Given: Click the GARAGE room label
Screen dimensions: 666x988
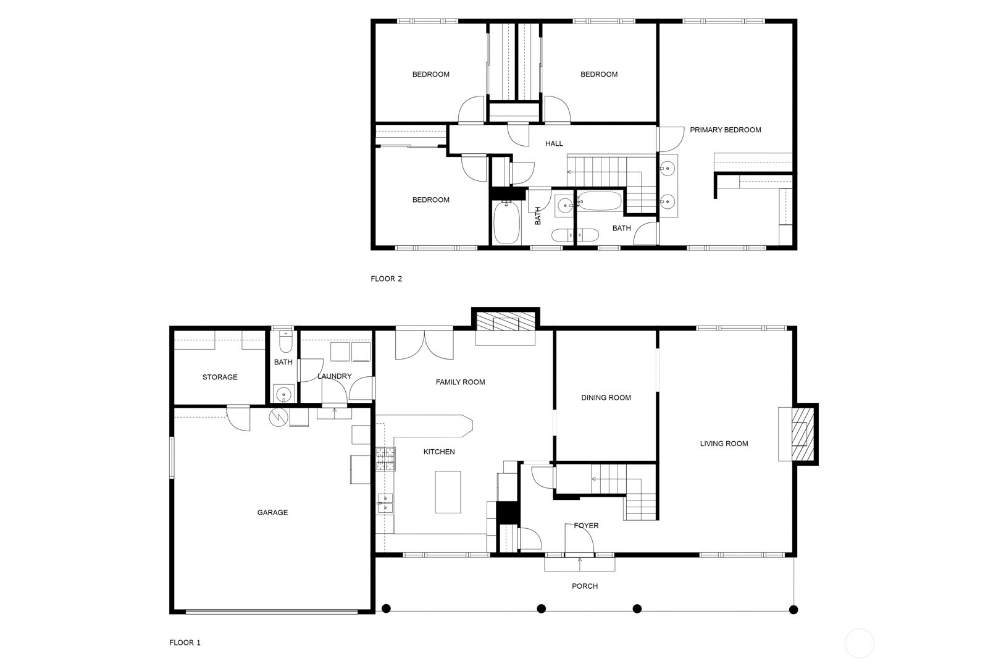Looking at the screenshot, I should pyautogui.click(x=272, y=512).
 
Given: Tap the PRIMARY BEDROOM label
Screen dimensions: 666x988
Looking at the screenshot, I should pyautogui.click(x=725, y=130).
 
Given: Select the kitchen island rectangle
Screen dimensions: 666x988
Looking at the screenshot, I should pyautogui.click(x=448, y=492).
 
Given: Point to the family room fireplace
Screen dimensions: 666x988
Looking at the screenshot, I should pyautogui.click(x=506, y=322).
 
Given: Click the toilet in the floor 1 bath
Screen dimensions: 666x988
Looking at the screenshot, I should pyautogui.click(x=284, y=341).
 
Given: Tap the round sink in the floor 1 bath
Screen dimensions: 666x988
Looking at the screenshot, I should pyautogui.click(x=284, y=393).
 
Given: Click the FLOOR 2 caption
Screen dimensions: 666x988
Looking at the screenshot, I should pyautogui.click(x=386, y=279).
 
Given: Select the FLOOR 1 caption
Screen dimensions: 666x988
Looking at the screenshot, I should pyautogui.click(x=185, y=643).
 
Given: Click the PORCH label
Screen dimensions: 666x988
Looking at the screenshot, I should pyautogui.click(x=584, y=586).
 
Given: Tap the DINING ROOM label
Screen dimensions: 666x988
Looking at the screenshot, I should pyautogui.click(x=606, y=397).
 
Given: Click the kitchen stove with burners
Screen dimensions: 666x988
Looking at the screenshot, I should pyautogui.click(x=385, y=460).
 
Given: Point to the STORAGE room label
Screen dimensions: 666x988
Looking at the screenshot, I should pyautogui.click(x=220, y=377).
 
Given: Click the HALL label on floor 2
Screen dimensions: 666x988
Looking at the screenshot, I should pyautogui.click(x=554, y=143).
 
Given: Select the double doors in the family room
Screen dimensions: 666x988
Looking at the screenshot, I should pyautogui.click(x=424, y=345).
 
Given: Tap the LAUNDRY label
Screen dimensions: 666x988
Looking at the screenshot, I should pyautogui.click(x=334, y=376).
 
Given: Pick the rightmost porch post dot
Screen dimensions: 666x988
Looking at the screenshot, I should pyautogui.click(x=793, y=609).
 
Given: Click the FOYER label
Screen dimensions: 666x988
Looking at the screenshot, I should pyautogui.click(x=586, y=526).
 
